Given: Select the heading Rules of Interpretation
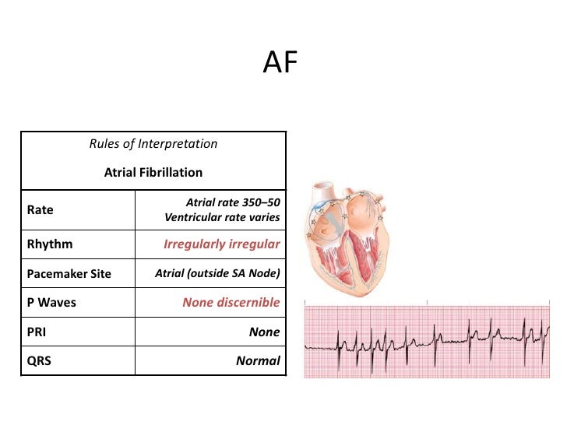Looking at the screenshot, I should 153,144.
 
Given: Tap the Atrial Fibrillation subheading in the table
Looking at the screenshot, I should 153,173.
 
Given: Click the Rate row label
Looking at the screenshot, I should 40,210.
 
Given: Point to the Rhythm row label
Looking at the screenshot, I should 50,244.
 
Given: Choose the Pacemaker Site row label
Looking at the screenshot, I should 69,274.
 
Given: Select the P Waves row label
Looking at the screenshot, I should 51,303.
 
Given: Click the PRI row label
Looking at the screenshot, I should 37,332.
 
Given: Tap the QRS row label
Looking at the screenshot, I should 38,361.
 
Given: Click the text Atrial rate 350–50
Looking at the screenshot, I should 232,202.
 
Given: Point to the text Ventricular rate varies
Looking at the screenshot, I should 222,217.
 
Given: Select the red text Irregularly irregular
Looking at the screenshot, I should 221,244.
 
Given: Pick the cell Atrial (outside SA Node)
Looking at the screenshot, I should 217,273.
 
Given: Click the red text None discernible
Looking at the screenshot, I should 231,303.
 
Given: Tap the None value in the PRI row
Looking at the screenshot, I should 264,332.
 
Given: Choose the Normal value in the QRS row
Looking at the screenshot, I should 258,361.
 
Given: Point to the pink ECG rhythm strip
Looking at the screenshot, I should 434,340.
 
